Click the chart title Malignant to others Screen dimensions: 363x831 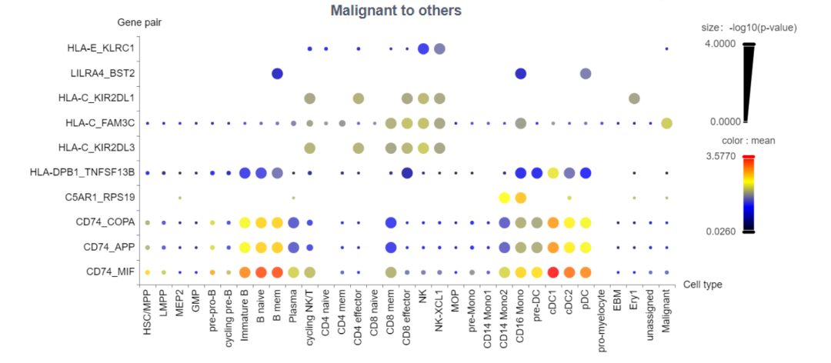pyautogui.click(x=395, y=11)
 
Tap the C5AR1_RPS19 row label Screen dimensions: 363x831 pyautogui.click(x=102, y=198)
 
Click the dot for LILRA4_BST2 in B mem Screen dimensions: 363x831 pyautogui.click(x=277, y=74)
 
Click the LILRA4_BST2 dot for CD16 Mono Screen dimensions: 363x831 pyautogui.click(x=520, y=74)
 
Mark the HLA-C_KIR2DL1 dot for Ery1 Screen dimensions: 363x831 pyautogui.click(x=634, y=98)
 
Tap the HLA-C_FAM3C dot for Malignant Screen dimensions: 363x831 pyautogui.click(x=666, y=123)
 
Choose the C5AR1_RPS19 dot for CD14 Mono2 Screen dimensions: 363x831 pyautogui.click(x=504, y=198)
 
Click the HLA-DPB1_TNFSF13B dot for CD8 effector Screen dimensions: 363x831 pyautogui.click(x=407, y=172)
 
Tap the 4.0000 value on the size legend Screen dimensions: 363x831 pyautogui.click(x=721, y=44)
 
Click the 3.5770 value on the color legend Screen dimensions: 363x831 pyautogui.click(x=721, y=156)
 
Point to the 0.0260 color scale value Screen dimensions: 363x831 pyautogui.click(x=721, y=231)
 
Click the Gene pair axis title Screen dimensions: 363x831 pyautogui.click(x=139, y=23)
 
